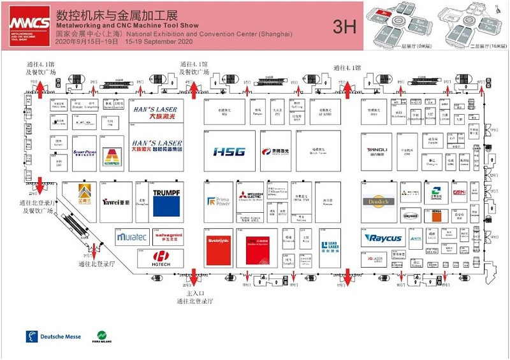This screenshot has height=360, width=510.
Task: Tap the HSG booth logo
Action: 229,152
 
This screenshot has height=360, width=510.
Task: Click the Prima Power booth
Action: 218,202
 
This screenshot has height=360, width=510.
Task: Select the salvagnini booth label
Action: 168,237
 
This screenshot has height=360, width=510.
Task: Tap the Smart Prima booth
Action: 85,153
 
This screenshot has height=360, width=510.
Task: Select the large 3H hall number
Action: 344,26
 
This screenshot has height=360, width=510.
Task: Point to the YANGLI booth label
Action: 377,150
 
